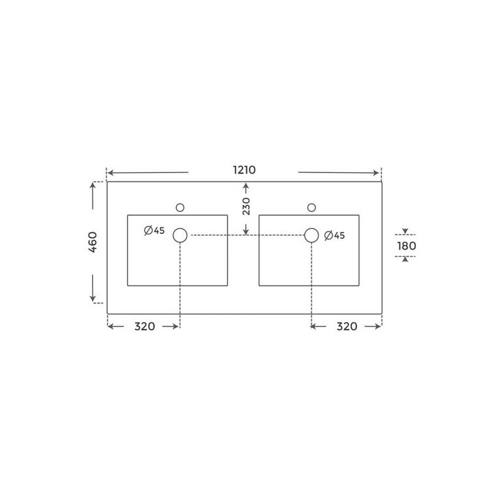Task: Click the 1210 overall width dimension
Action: pyautogui.click(x=244, y=170)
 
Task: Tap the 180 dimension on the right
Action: pyautogui.click(x=406, y=246)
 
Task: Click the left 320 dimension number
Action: pyautogui.click(x=144, y=327)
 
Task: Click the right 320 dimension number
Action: pyautogui.click(x=346, y=327)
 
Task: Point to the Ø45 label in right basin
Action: pyautogui.click(x=334, y=235)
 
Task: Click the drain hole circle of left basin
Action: pyautogui.click(x=180, y=235)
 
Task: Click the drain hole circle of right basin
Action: pyautogui.click(x=312, y=235)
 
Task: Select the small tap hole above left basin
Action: pyautogui.click(x=180, y=207)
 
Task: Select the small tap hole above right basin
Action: pyautogui.click(x=312, y=207)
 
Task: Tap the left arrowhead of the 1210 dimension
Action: pyautogui.click(x=110, y=173)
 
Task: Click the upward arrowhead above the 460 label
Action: pyautogui.click(x=93, y=185)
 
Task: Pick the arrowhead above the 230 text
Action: pyautogui.click(x=246, y=186)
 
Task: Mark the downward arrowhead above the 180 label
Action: pyautogui.click(x=405, y=231)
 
